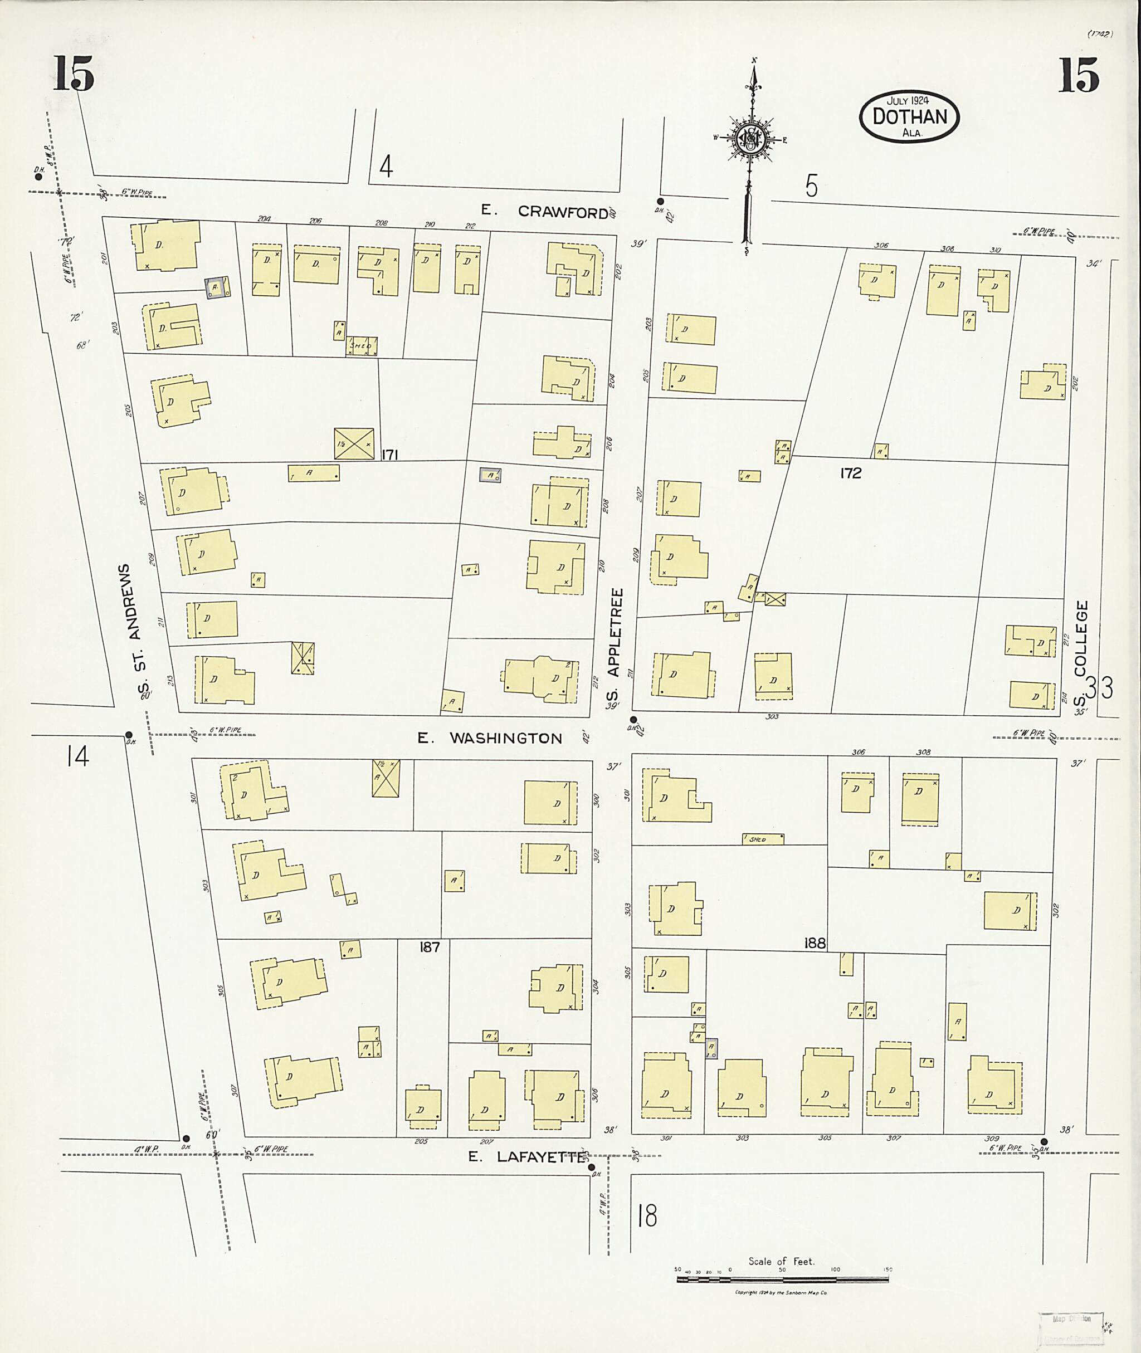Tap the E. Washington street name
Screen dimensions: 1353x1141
tap(490, 738)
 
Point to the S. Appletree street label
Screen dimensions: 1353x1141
tap(614, 647)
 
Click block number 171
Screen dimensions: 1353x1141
tap(389, 455)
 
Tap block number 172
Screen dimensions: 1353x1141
tap(851, 473)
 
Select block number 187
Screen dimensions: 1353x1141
tap(429, 947)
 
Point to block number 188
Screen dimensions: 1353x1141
tap(815, 944)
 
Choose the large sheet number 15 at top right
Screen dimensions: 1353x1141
tap(1078, 75)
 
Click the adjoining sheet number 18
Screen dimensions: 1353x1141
tap(647, 1216)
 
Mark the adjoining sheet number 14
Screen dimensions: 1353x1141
tap(77, 755)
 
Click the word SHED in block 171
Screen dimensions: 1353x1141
tap(360, 346)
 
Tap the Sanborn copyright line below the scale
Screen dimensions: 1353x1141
tap(781, 1292)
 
